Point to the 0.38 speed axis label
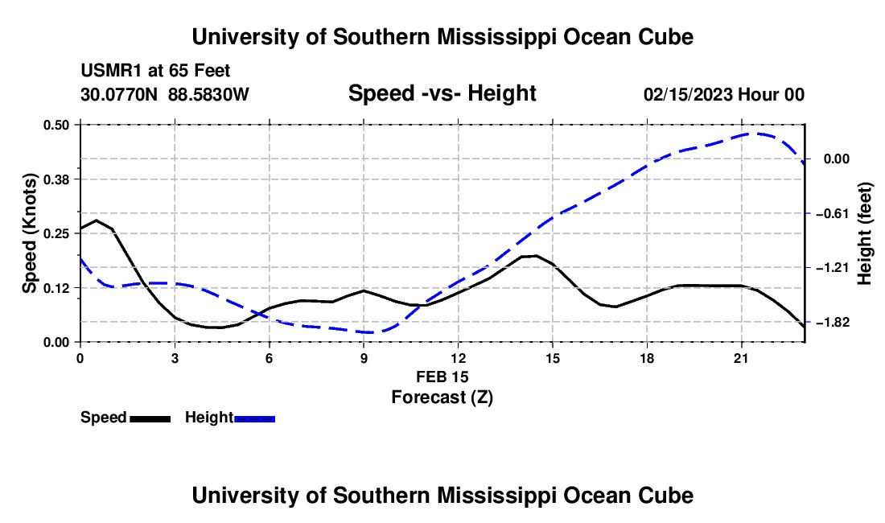tap(56, 179)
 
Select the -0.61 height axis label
tap(833, 213)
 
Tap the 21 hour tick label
tap(741, 358)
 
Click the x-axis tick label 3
tap(175, 358)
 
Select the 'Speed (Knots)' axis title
tap(29, 233)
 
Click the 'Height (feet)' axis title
tap(865, 233)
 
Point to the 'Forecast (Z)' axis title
tap(442, 397)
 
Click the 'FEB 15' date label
tap(442, 377)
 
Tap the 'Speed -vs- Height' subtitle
tap(442, 93)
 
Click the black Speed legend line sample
tap(150, 419)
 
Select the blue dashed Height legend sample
tap(254, 419)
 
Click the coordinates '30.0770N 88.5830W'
tap(165, 94)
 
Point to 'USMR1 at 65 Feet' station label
tap(156, 71)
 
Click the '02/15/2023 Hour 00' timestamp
tap(724, 94)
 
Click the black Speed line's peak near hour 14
tap(535, 256)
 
